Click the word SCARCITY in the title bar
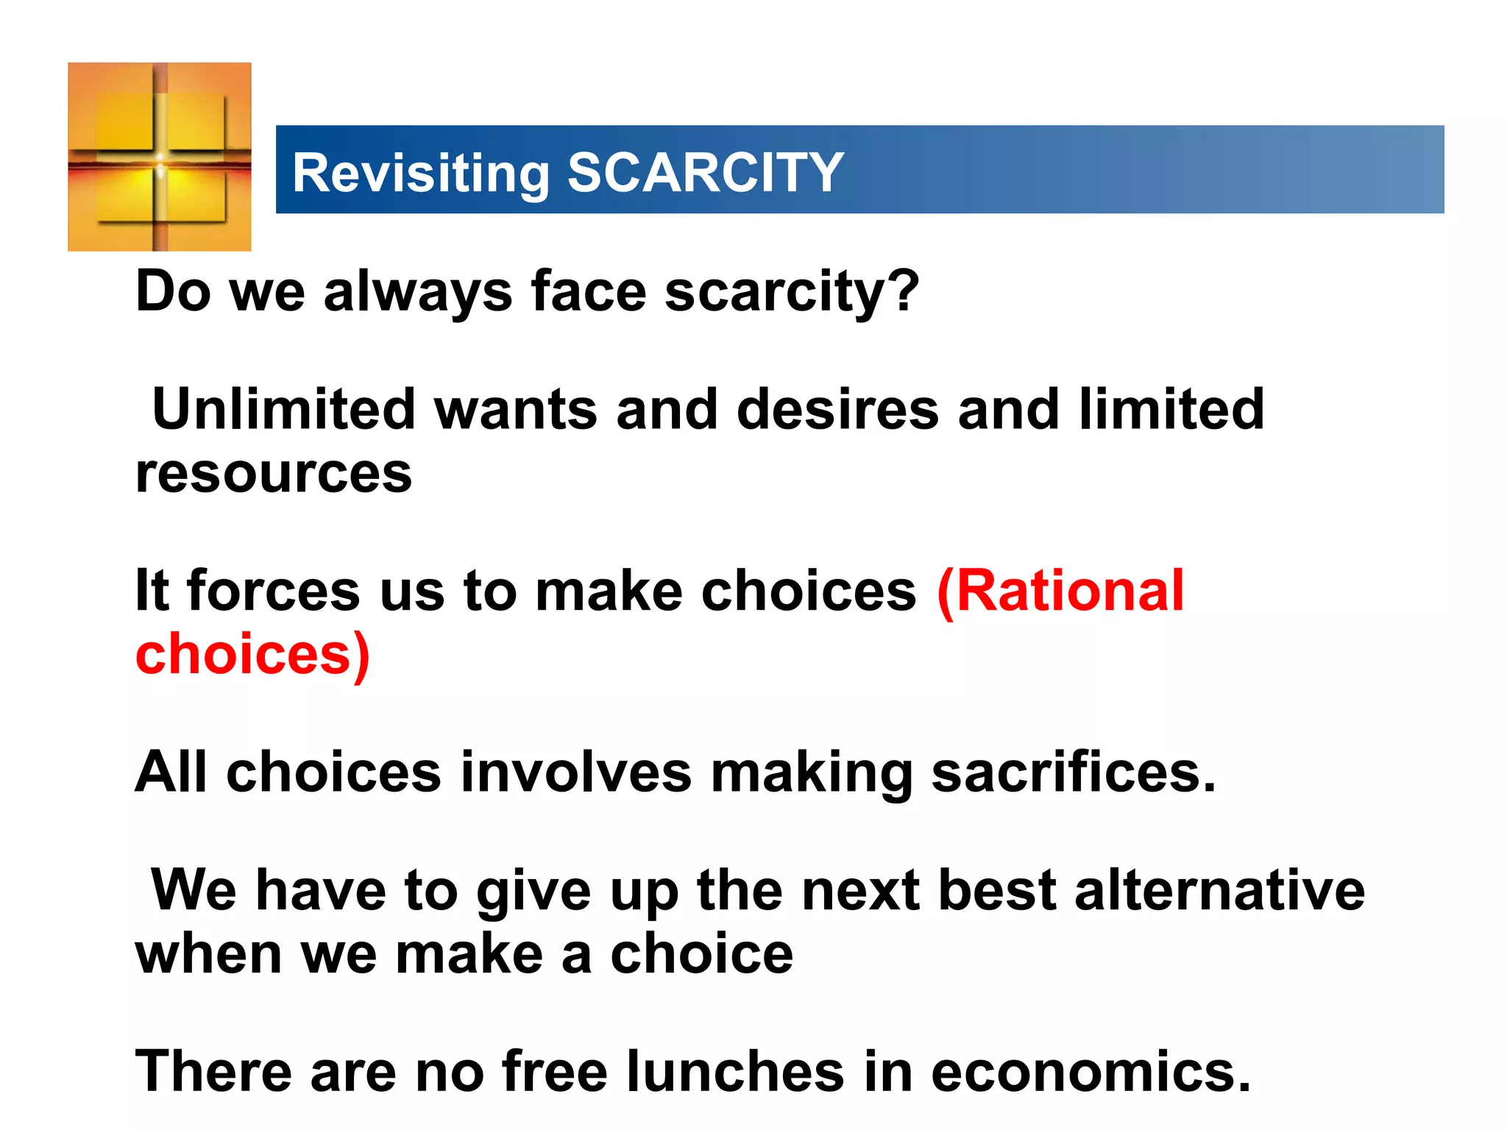point(705,173)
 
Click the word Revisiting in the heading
point(420,174)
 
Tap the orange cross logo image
point(160,157)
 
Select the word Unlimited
point(284,409)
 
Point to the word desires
point(837,409)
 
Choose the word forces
point(273,591)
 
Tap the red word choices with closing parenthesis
point(252,654)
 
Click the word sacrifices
point(1073,772)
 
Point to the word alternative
point(1219,890)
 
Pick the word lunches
point(735,1072)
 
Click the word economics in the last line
point(1091,1072)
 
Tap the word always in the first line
point(417,291)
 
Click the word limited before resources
point(1171,409)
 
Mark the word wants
point(516,411)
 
